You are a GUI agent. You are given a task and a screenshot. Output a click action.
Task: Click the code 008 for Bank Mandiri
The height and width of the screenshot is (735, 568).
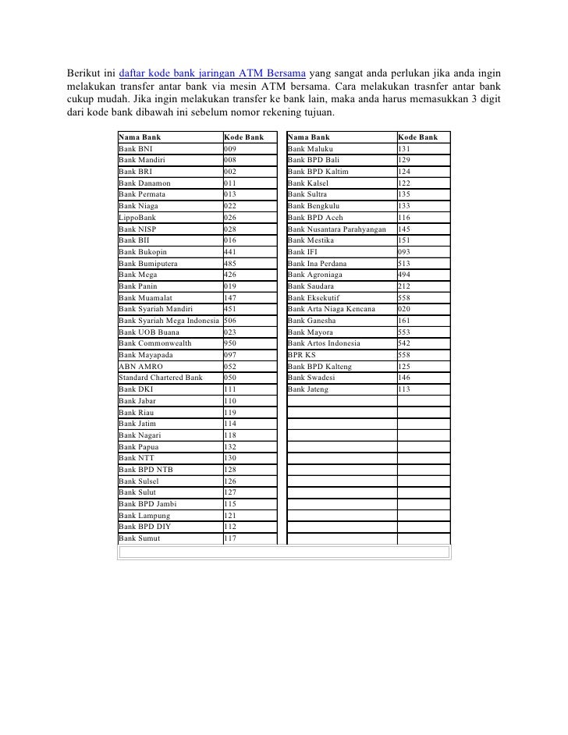(x=230, y=159)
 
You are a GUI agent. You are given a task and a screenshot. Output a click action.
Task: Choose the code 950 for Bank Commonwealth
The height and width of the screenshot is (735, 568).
(x=230, y=343)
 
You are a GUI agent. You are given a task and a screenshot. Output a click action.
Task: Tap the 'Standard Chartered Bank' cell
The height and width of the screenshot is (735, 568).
(x=161, y=378)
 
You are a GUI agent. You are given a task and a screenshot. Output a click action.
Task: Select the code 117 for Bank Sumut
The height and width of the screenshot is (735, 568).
(x=230, y=538)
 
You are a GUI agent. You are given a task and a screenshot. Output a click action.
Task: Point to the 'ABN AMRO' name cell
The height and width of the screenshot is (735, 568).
(x=140, y=366)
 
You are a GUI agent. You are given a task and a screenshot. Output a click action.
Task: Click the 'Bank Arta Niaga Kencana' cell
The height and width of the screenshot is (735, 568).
(x=331, y=309)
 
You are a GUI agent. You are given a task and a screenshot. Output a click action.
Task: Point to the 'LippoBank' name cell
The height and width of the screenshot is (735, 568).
(x=137, y=217)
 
